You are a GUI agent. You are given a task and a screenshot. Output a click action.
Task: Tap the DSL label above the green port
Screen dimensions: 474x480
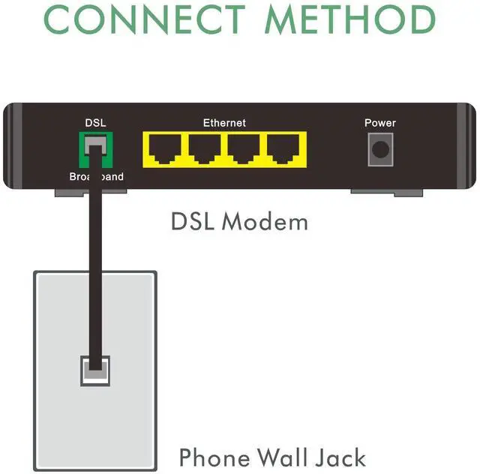(95, 123)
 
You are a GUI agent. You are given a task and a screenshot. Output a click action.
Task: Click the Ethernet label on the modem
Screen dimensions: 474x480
(224, 122)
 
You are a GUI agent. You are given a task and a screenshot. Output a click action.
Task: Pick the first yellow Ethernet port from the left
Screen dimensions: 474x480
(164, 150)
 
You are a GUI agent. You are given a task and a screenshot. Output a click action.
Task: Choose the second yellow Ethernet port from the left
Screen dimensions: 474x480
(204, 150)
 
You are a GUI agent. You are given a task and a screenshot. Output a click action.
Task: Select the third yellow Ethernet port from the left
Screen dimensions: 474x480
(244, 150)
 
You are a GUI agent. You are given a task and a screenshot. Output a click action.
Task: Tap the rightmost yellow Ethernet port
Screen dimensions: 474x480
(283, 150)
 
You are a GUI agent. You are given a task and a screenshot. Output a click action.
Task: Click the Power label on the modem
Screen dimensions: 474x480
(380, 123)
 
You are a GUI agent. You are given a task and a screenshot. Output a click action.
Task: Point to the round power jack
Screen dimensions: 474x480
(380, 149)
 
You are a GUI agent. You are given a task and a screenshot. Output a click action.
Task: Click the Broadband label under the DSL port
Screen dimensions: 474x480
(96, 178)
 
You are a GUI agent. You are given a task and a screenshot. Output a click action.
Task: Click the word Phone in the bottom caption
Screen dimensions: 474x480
(215, 457)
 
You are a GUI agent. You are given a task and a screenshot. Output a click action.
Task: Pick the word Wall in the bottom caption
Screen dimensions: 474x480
(289, 457)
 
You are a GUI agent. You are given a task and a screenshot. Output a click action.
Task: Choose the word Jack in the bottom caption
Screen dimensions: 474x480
(343, 457)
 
